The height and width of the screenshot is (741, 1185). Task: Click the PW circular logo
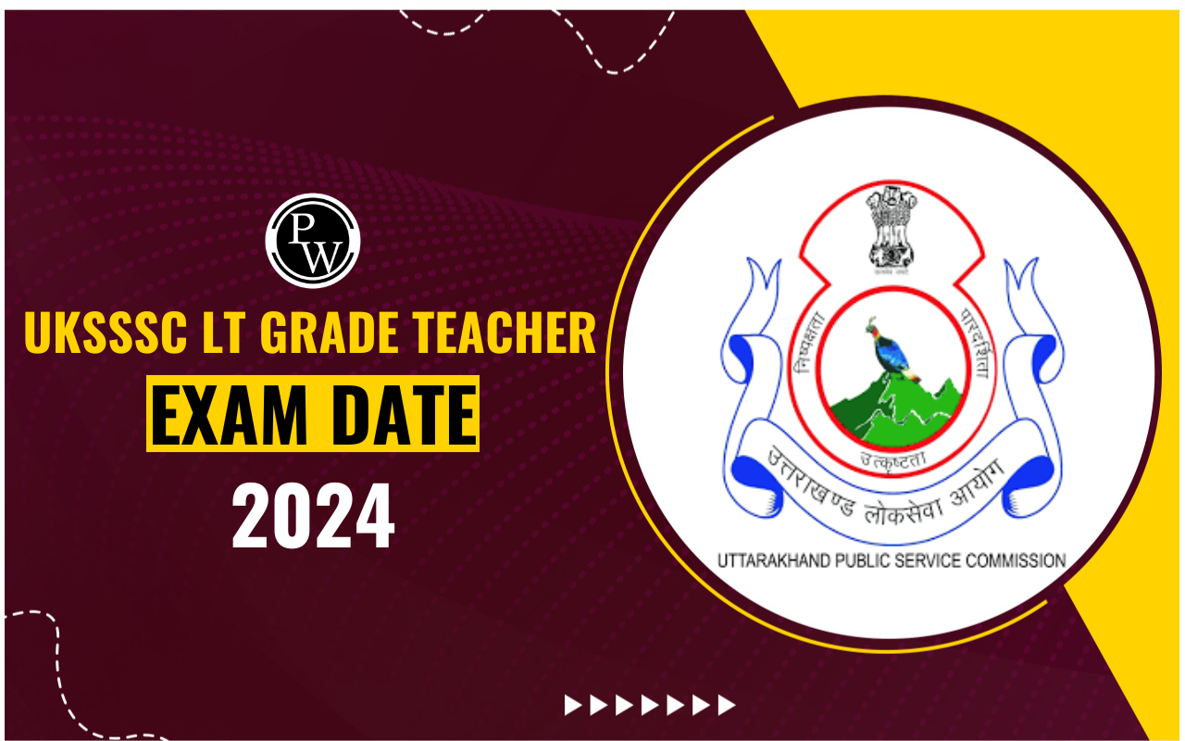tap(312, 241)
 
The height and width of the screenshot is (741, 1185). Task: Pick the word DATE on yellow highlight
tap(400, 413)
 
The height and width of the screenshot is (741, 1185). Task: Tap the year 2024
tap(313, 518)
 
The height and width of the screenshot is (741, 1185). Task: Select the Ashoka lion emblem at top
tap(890, 226)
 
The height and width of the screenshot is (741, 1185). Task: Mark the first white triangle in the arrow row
tap(574, 706)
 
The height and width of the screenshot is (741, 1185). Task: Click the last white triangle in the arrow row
tap(727, 706)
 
